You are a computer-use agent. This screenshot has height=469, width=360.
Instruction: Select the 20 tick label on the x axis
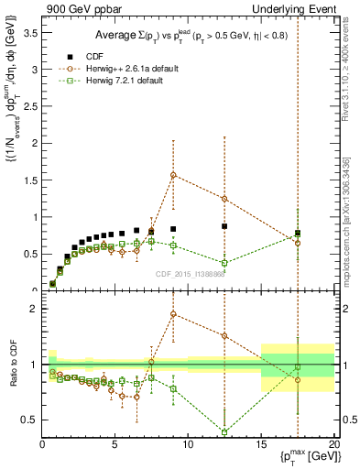(333, 445)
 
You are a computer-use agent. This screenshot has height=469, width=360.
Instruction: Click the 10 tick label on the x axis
(188, 445)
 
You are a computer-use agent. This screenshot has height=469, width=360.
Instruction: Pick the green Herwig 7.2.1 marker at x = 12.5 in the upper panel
(224, 263)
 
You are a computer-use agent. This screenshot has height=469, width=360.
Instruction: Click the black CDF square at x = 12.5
(224, 225)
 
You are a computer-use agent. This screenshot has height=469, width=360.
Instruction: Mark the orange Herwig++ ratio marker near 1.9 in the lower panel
(173, 314)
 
